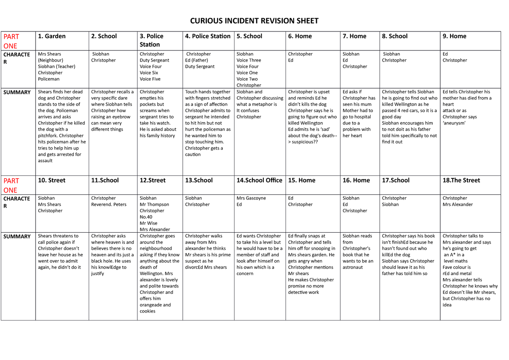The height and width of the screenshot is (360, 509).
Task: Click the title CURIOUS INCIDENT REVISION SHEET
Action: pyautogui.click(x=254, y=21)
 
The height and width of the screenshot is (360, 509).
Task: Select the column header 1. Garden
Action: pyautogui.click(x=52, y=36)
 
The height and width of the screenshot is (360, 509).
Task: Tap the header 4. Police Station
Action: pyautogui.click(x=208, y=36)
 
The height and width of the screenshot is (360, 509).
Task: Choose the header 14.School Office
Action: pyautogui.click(x=259, y=180)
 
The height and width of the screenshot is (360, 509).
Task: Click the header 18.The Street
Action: pyautogui.click(x=461, y=180)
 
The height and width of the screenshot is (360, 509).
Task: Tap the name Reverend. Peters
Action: pyautogui.click(x=109, y=204)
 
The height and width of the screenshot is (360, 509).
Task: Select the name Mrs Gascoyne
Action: pyautogui.click(x=251, y=198)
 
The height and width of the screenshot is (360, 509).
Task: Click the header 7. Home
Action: pyautogui.click(x=354, y=36)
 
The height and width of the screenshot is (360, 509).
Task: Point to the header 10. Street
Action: pyautogui.click(x=52, y=180)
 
